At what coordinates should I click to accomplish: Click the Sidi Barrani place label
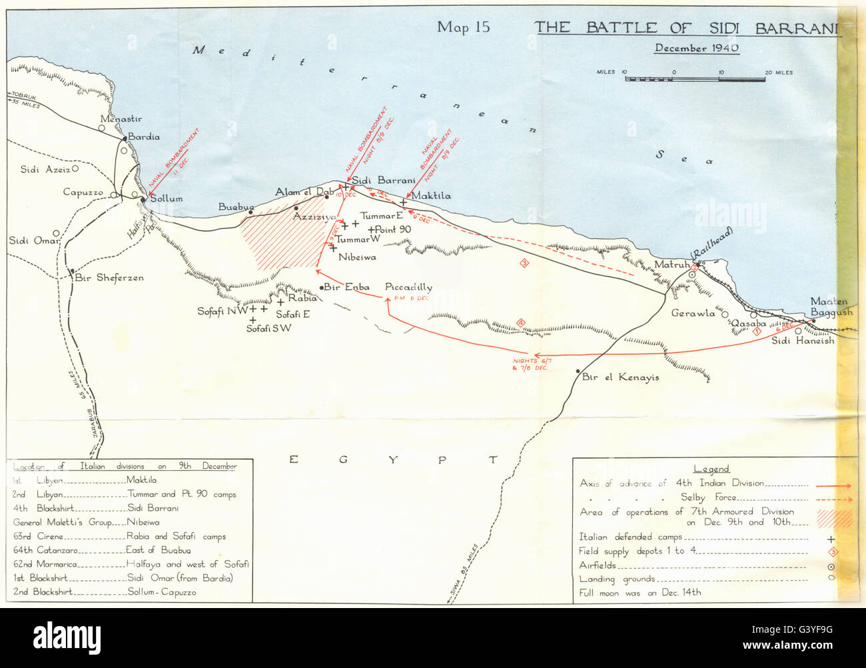(383, 180)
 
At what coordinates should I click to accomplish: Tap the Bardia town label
(144, 137)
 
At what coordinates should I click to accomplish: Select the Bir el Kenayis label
(620, 377)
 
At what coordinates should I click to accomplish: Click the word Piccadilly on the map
(408, 287)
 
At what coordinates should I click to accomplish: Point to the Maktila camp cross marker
(404, 202)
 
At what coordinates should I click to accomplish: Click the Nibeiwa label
(357, 256)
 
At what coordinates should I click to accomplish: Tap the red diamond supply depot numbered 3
(524, 263)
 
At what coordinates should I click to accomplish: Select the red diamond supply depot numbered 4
(522, 324)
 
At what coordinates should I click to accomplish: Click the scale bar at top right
(695, 79)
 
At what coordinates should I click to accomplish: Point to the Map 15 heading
(463, 27)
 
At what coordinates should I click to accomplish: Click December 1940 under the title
(697, 48)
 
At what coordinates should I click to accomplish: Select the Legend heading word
(711, 469)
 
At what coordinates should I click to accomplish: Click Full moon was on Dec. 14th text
(640, 592)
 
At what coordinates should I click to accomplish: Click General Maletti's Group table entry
(63, 522)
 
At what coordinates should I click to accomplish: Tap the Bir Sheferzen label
(110, 278)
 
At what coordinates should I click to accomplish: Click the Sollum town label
(167, 198)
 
